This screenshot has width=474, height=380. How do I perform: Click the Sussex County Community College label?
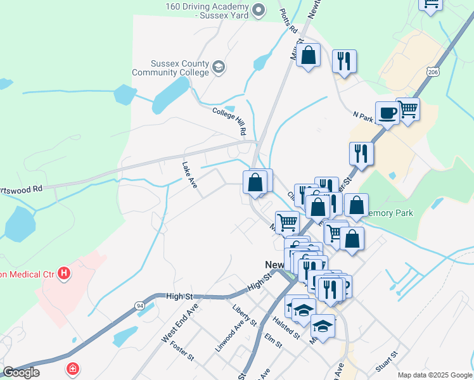[x=170, y=68]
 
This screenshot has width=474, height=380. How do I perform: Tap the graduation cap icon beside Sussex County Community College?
[x=219, y=67]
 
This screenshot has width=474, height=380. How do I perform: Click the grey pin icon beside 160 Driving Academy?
[x=258, y=9]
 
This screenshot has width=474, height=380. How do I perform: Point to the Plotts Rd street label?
[x=289, y=21]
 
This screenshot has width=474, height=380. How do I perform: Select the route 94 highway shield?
[x=139, y=305]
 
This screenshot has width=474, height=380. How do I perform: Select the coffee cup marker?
[x=387, y=113]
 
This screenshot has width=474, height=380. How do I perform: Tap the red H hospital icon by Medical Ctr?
[x=63, y=274]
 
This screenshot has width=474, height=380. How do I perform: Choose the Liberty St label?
[x=244, y=315]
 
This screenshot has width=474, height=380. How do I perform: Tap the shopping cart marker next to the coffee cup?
[x=408, y=109]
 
